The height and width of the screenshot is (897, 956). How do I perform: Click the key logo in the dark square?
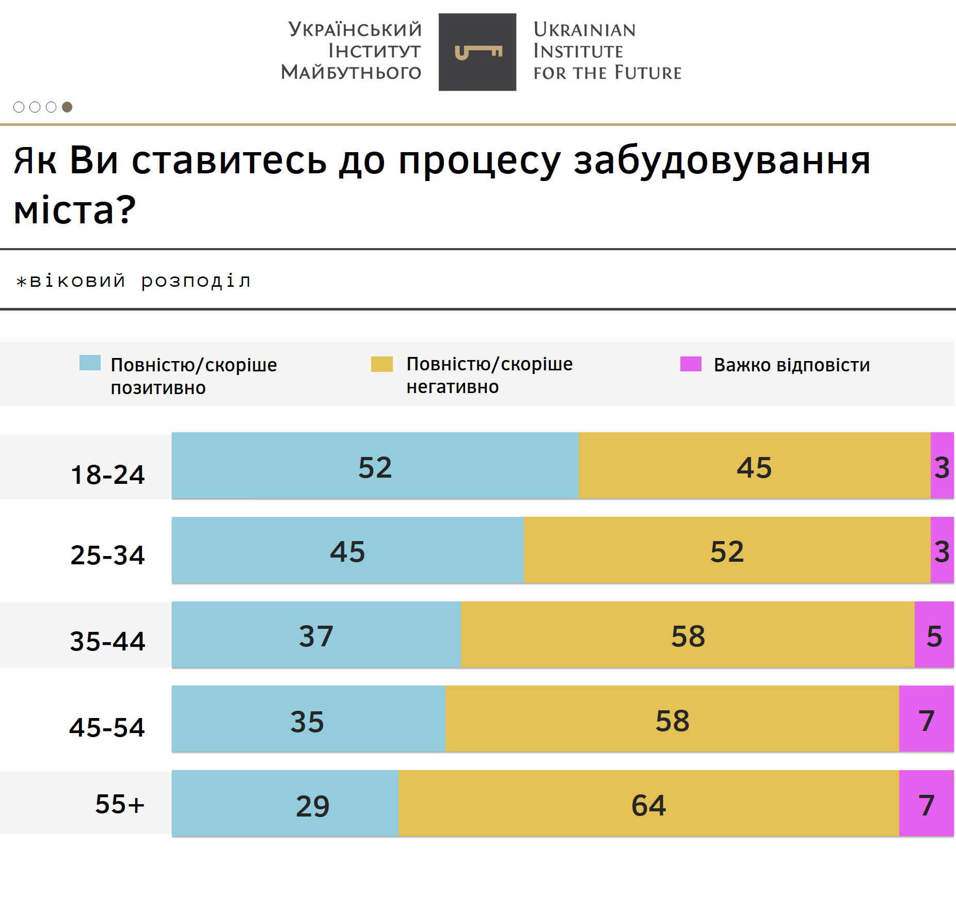coord(477,52)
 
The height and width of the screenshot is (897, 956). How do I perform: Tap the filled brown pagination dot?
coord(67,107)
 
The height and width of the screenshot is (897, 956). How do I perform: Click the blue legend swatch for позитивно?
coord(90,363)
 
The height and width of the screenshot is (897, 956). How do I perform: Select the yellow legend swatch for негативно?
coord(382,364)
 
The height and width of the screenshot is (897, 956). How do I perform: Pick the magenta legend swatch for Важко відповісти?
coord(691,364)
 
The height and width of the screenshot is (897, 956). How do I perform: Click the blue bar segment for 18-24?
coord(375,465)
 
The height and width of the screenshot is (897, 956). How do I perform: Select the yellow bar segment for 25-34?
coord(727,550)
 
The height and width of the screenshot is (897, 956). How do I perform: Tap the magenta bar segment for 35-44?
coord(934,634)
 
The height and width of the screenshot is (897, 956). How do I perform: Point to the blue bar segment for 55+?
coord(285,803)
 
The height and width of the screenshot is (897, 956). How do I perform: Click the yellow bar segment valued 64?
coord(648,803)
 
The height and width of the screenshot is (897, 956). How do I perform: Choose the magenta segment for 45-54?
coord(926,719)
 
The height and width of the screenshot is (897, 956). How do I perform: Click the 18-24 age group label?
coord(107,475)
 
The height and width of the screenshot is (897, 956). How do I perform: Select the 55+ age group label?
coord(120,804)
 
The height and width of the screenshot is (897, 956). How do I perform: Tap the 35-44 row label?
coord(107,641)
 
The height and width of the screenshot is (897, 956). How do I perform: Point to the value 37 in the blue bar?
coord(316,636)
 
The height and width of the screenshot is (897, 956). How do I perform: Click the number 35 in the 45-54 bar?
coord(307,721)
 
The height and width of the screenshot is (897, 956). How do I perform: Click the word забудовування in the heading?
coord(722,161)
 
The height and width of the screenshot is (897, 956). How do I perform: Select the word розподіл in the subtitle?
coord(196,281)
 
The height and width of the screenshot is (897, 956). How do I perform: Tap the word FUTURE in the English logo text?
coord(648,73)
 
